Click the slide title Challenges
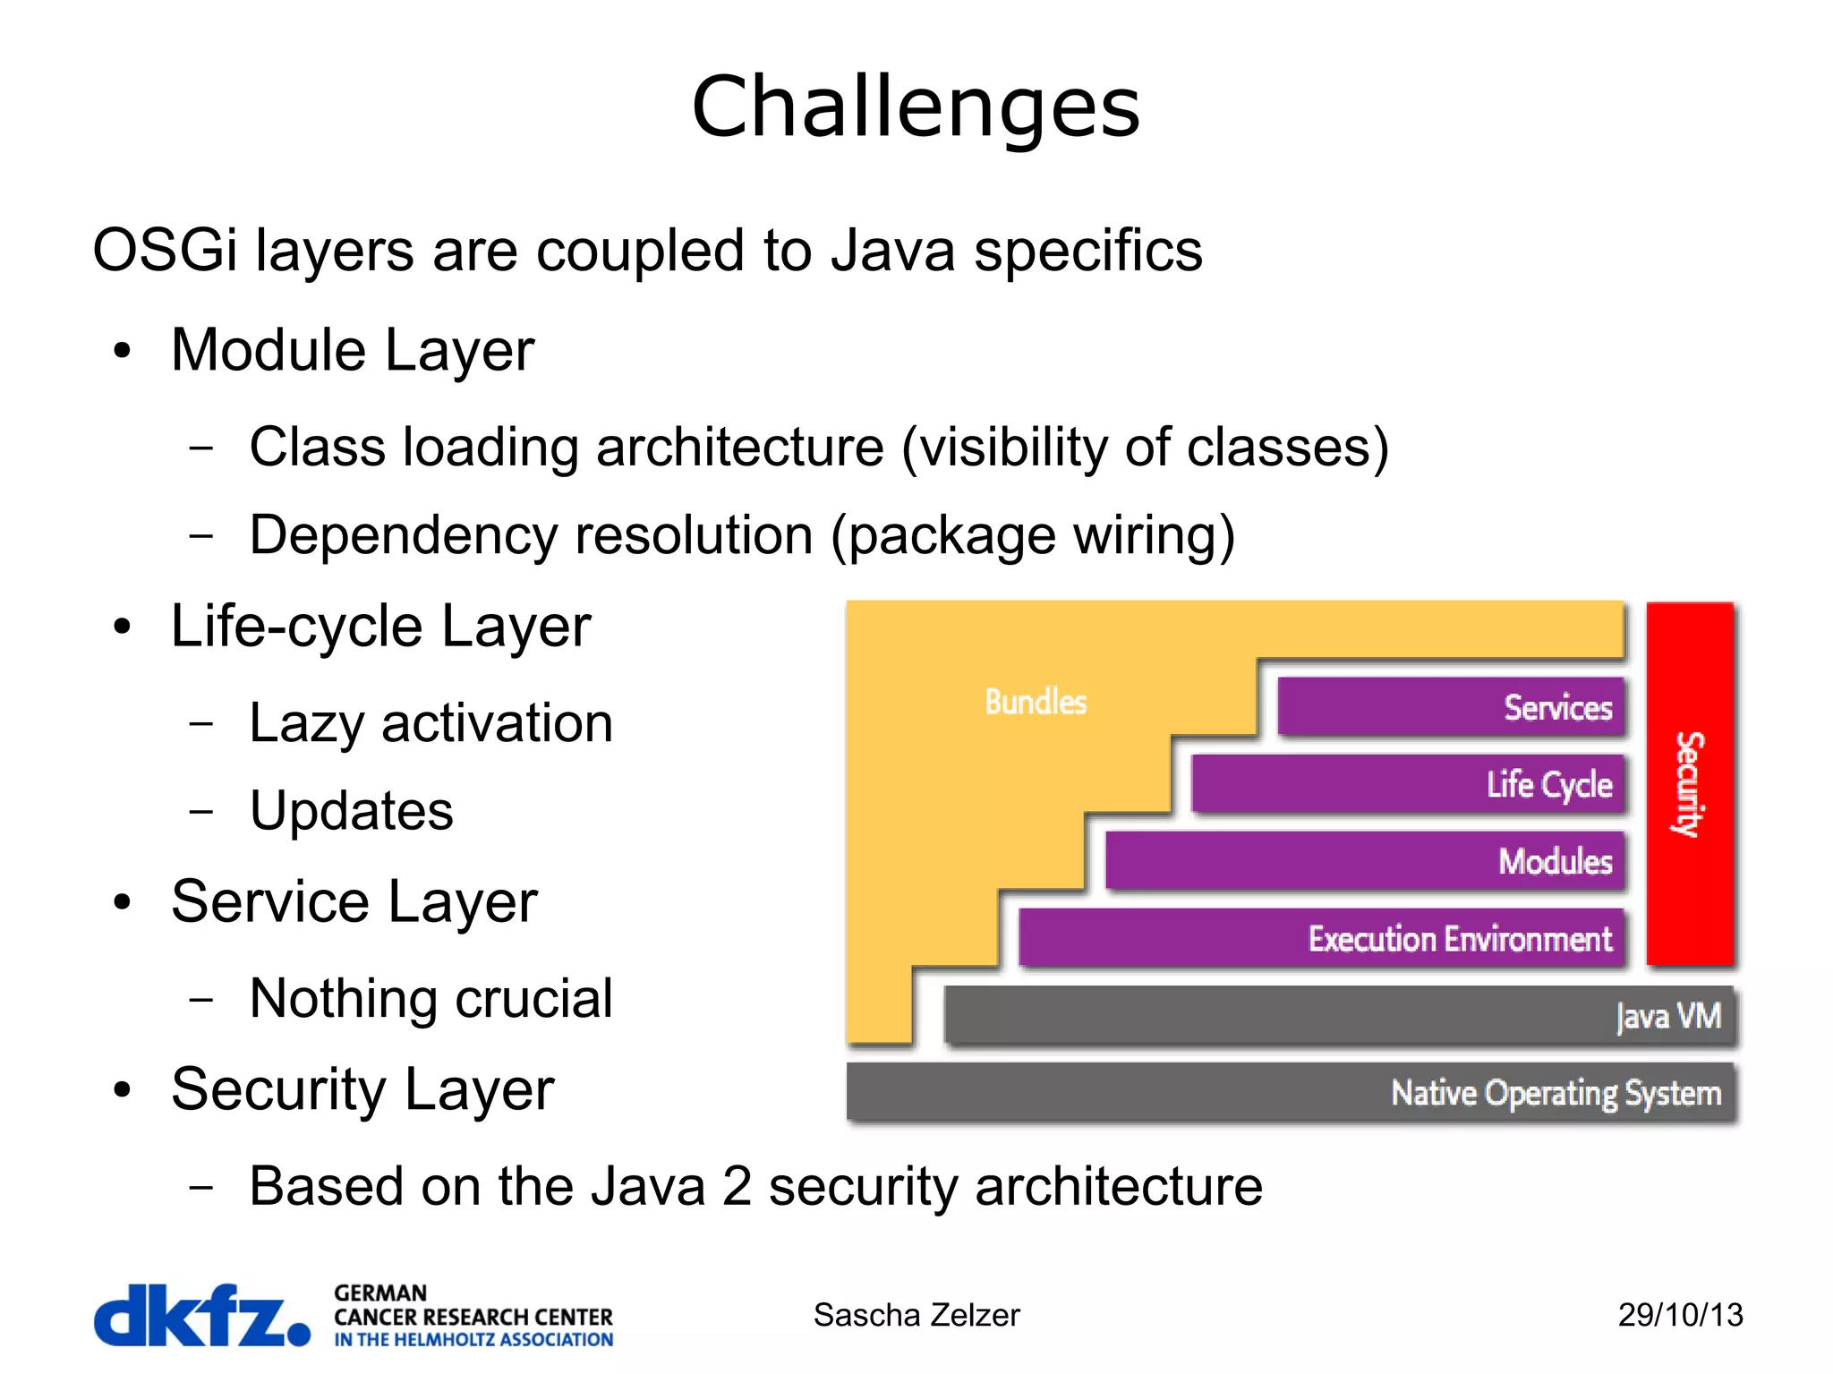[916, 107]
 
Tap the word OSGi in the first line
[165, 251]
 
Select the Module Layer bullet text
[352, 350]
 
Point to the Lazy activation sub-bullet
[431, 723]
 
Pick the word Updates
[351, 811]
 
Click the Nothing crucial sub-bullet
[431, 998]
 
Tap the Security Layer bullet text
[362, 1089]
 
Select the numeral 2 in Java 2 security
[736, 1186]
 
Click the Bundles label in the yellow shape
[1036, 703]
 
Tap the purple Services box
[1450, 707]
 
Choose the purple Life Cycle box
[1407, 784]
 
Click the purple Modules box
[1364, 861]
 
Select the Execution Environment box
[1321, 938]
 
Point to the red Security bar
[1690, 783]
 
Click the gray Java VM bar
[1340, 1016]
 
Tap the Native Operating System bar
[1292, 1093]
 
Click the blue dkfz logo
[201, 1315]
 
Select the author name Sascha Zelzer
[916, 1316]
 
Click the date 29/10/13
[1680, 1316]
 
